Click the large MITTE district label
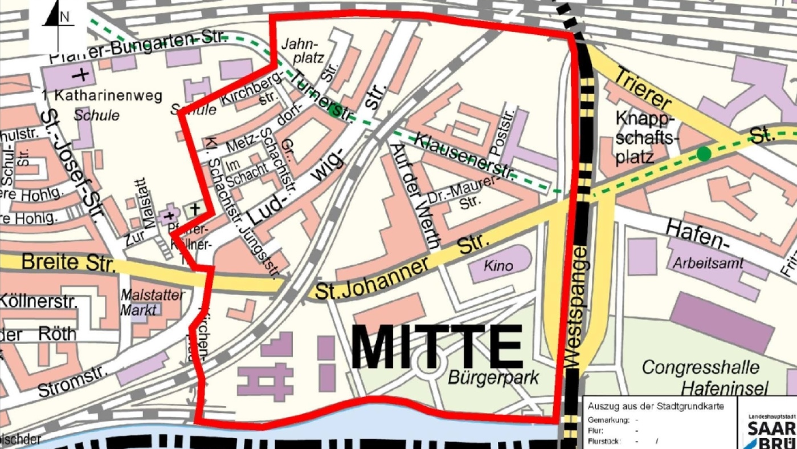[436, 347]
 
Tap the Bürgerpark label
[493, 377]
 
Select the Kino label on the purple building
[498, 266]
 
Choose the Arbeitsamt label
[708, 264]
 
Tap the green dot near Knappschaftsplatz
[704, 153]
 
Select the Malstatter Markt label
[152, 303]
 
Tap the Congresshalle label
[701, 367]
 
